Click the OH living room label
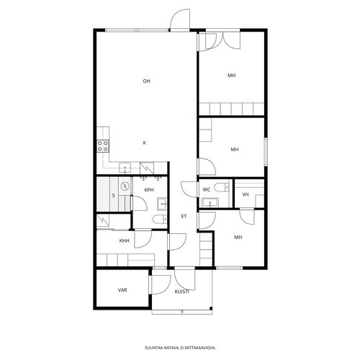[146, 81]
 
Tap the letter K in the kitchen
[145, 143]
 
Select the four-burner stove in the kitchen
[103, 146]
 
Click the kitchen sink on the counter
[125, 168]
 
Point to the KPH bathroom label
[149, 190]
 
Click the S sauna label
[114, 196]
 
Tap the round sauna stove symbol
[125, 186]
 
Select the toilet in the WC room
[221, 187]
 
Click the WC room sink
[210, 202]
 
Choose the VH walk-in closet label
[246, 194]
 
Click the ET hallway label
[184, 217]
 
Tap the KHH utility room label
[125, 240]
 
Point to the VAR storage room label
[122, 290]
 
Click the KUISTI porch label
[182, 292]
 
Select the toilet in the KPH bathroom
[160, 219]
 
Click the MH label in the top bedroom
[232, 76]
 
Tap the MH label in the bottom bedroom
[238, 237]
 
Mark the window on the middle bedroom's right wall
[266, 152]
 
